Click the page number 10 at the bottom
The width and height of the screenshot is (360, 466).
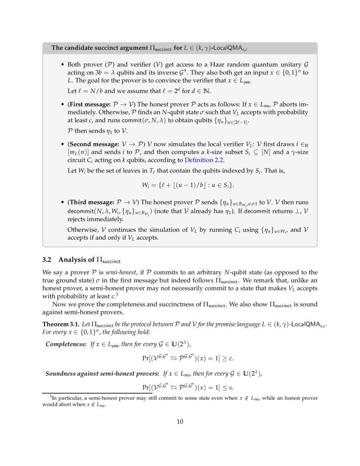click(180, 421)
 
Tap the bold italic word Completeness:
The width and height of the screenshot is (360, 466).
click(66, 344)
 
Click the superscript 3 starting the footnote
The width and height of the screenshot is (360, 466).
click(51, 397)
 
